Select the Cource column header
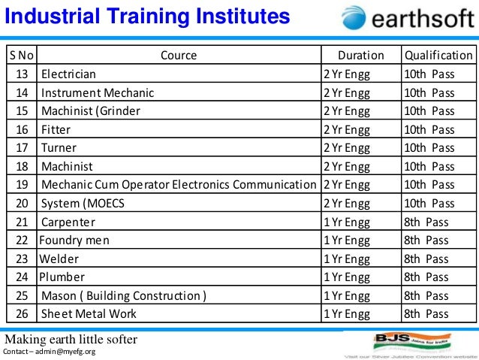coord(179,55)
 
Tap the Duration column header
coord(360,55)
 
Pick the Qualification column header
coord(438,55)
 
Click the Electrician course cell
coord(68,74)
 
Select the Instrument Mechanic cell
coord(98,92)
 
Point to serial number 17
coord(21,147)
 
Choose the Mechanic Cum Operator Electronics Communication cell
coord(179,184)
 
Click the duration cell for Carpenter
coord(346,222)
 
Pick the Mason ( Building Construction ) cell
coord(124,295)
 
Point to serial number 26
coord(21,313)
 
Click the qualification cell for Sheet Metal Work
coord(426,313)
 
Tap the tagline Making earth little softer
coord(71,339)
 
